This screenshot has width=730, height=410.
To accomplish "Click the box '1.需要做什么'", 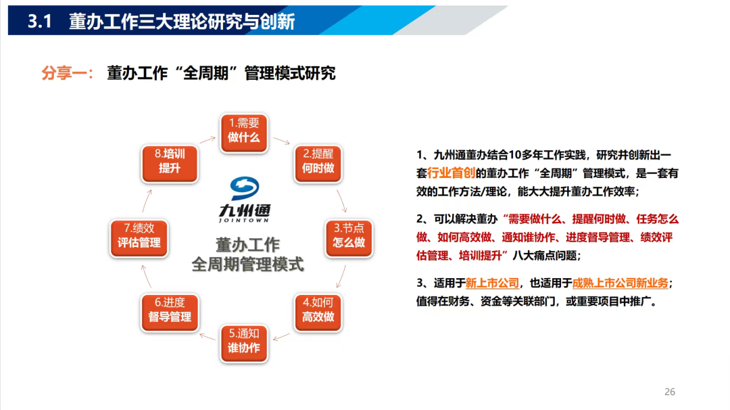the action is coord(244,133).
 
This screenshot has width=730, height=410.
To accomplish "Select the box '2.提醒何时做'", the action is coord(318,164).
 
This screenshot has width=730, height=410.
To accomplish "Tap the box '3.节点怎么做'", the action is coord(349,238).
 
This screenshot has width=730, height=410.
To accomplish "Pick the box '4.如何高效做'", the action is coord(318,313).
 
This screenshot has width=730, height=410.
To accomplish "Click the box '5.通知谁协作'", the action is coord(244,344).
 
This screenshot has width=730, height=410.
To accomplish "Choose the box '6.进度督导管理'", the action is coord(170,313).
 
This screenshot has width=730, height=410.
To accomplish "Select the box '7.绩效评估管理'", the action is coord(139,238).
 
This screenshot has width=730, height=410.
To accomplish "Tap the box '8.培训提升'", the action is coord(170,164).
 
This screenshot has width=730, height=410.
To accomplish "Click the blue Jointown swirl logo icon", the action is coord(245,189).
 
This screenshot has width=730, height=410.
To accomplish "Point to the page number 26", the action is coord(669,392).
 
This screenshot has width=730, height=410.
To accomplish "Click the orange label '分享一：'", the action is coord(68,73).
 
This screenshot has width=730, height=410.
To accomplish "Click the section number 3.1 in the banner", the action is coord(40,21).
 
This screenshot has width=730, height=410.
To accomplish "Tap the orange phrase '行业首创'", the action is coord(451,173).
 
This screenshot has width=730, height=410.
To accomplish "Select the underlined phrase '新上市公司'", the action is coord(492,283).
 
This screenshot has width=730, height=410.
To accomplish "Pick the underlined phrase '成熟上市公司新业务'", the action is coord(620,283).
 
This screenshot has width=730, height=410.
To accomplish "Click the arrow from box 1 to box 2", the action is coord(282,141).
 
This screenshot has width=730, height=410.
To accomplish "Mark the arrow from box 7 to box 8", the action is coord(147,201).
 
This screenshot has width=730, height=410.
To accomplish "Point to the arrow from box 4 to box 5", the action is coord(281,337).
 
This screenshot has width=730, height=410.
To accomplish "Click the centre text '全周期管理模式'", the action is coord(247,264).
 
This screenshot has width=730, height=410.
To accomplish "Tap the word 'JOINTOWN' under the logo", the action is coord(244,221).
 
